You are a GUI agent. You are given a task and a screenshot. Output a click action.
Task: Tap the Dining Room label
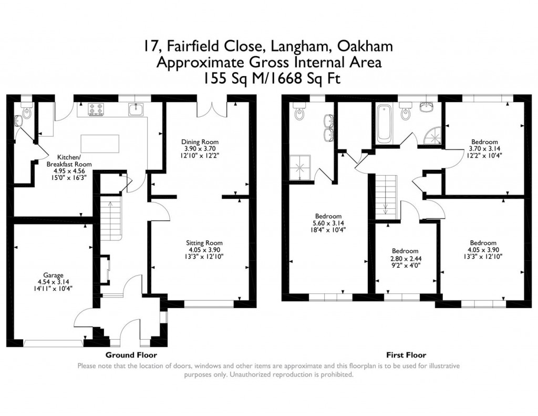click(200, 142)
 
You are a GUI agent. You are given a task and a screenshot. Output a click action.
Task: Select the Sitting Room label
click(200, 243)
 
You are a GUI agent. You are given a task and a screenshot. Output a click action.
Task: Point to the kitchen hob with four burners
click(97, 109)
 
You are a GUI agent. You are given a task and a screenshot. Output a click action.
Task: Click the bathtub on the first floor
click(382, 123)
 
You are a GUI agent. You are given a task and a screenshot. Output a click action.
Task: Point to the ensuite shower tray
click(302, 167)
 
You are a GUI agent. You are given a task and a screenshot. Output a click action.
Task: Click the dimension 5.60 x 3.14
click(328, 223)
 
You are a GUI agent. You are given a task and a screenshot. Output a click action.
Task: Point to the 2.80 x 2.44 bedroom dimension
click(405, 258)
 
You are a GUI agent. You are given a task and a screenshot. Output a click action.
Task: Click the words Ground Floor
click(131, 355)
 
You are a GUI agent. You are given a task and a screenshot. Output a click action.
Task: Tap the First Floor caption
click(406, 355)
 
